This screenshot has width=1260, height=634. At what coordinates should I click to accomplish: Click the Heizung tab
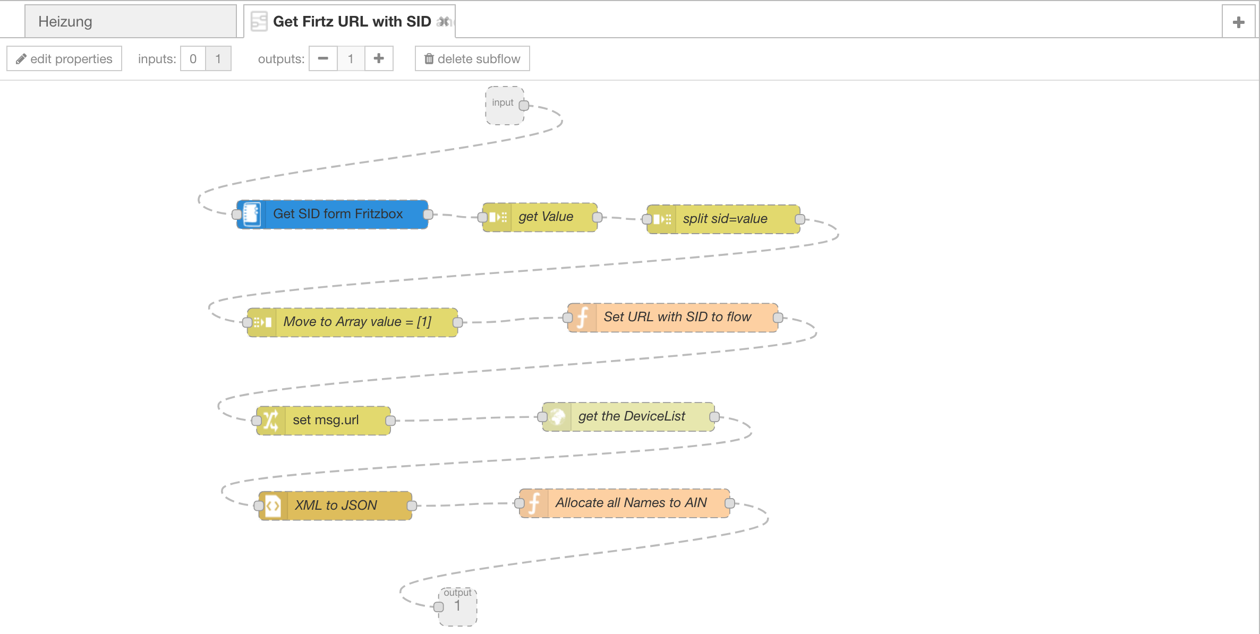[130, 21]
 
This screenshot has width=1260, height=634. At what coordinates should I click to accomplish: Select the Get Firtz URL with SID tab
[349, 21]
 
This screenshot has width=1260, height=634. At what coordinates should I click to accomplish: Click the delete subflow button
[472, 58]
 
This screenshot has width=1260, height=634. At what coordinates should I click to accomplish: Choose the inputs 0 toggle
[193, 58]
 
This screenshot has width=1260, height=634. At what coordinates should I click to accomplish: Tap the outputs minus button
[323, 58]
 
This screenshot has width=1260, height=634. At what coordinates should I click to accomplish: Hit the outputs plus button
[379, 58]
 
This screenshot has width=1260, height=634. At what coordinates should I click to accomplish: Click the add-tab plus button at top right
[1239, 22]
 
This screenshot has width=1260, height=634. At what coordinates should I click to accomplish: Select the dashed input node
[505, 106]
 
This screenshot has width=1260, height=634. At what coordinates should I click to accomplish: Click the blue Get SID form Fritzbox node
[333, 214]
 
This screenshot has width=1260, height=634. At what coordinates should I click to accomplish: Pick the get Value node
[540, 217]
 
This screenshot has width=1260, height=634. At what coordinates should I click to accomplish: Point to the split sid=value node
[723, 219]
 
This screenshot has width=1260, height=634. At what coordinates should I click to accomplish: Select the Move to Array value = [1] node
[352, 322]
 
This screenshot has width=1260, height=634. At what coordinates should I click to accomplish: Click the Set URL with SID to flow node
[672, 318]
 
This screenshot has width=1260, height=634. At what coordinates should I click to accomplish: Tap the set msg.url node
[323, 421]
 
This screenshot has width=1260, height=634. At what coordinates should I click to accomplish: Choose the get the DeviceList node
[628, 417]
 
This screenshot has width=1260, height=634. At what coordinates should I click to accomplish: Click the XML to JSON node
[335, 506]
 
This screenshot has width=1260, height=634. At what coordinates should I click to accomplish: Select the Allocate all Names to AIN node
[625, 503]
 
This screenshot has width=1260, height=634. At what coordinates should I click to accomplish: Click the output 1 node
[458, 606]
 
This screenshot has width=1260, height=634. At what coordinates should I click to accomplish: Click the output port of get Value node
[597, 217]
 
